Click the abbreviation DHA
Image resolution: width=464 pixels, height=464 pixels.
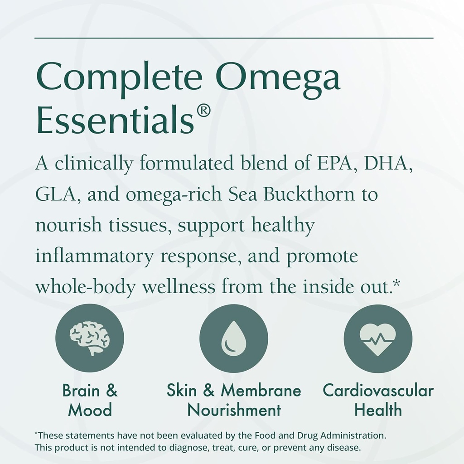click(x=389, y=163)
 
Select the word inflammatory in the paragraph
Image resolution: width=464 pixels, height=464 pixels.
click(x=94, y=256)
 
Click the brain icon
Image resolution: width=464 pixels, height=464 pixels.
click(x=90, y=338)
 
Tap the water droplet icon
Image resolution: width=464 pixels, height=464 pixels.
click(x=233, y=338)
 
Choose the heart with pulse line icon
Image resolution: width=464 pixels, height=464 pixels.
click(x=377, y=338)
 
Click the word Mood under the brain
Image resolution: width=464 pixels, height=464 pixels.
click(x=90, y=410)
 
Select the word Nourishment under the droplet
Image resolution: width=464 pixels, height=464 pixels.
click(x=234, y=410)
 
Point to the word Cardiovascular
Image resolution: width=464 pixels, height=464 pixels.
click(x=378, y=391)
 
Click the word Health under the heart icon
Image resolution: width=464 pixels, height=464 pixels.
click(x=378, y=410)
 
